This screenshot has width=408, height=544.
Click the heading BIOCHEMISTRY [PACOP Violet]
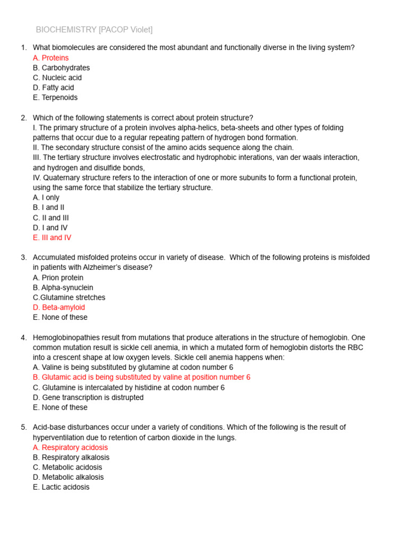pyautogui.click(x=94, y=30)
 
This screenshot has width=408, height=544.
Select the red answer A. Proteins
pyautogui.click(x=50, y=58)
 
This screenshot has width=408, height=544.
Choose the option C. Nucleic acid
pyautogui.click(x=57, y=78)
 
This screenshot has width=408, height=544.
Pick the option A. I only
pyautogui.click(x=46, y=198)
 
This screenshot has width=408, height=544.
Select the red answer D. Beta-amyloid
pyautogui.click(x=58, y=308)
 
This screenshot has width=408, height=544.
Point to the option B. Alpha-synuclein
pyautogui.click(x=63, y=287)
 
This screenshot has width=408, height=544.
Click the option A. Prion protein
pyautogui.click(x=58, y=278)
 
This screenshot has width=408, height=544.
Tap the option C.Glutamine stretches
pyautogui.click(x=69, y=297)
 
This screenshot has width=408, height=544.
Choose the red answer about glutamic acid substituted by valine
pyautogui.click(x=141, y=377)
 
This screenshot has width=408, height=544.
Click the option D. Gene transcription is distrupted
pyautogui.click(x=88, y=397)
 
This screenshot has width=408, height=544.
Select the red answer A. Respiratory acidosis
pyautogui.click(x=70, y=447)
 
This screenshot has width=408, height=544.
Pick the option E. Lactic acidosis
pyautogui.click(x=61, y=487)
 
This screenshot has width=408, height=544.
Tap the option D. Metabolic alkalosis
pyautogui.click(x=68, y=477)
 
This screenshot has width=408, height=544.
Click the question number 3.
pyautogui.click(x=23, y=258)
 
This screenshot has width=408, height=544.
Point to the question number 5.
pyautogui.click(x=23, y=427)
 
